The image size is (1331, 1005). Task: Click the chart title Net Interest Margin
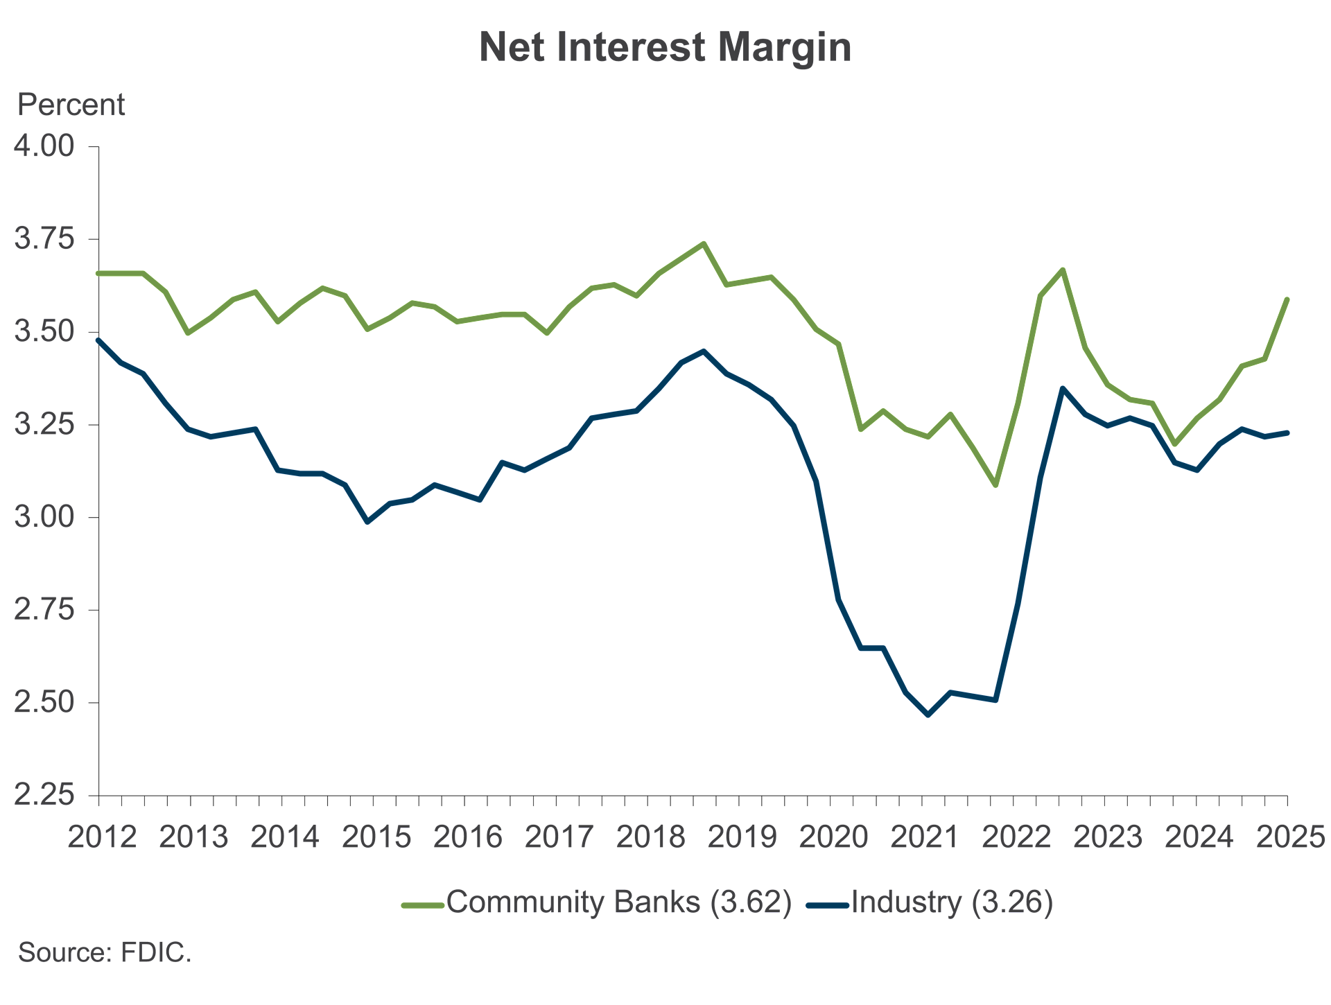click(x=665, y=47)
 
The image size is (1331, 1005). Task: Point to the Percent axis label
click(x=71, y=105)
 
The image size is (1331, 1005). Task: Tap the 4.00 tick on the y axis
click(x=44, y=146)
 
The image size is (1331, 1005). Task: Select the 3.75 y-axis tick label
click(x=44, y=238)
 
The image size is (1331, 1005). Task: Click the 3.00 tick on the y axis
click(x=44, y=516)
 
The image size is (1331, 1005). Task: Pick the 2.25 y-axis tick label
click(x=44, y=794)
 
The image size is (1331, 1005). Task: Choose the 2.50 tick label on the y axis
click(x=44, y=701)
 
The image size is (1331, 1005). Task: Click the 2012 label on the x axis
click(x=102, y=837)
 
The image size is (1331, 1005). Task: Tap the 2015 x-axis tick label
click(x=376, y=837)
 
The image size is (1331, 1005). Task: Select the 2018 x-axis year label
click(x=650, y=837)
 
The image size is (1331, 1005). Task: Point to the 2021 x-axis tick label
click(x=925, y=837)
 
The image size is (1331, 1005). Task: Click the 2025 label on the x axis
click(x=1290, y=837)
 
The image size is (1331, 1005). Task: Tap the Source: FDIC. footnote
click(x=105, y=952)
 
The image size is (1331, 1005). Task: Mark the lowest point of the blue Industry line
click(x=928, y=715)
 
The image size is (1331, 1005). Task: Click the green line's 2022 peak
click(x=1063, y=270)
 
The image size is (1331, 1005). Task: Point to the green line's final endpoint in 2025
click(x=1287, y=299)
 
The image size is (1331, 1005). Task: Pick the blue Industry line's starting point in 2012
click(x=98, y=340)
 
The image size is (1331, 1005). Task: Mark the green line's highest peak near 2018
click(x=704, y=243)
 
